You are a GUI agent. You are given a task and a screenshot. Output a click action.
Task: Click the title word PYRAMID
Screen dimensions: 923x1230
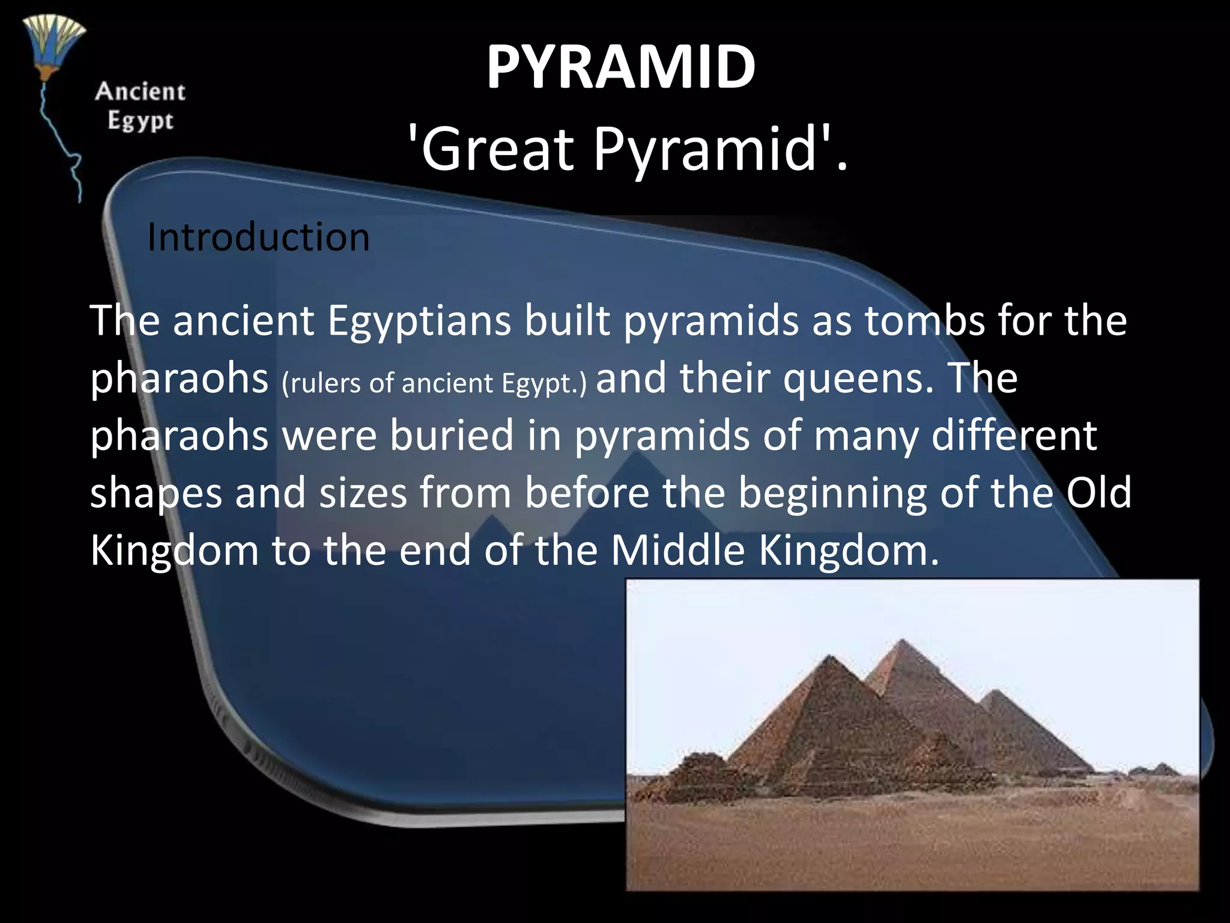click(x=620, y=67)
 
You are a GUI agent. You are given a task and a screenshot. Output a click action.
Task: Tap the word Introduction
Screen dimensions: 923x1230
click(x=258, y=237)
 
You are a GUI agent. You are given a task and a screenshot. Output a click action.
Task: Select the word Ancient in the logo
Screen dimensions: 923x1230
click(x=140, y=92)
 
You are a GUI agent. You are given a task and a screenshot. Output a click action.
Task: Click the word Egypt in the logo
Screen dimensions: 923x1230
click(x=141, y=121)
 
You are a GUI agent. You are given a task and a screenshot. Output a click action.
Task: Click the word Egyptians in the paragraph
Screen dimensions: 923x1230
click(x=419, y=320)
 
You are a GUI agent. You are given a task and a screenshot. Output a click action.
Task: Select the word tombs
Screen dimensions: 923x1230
click(x=925, y=320)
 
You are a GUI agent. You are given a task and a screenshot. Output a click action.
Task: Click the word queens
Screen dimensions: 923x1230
click(x=859, y=379)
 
